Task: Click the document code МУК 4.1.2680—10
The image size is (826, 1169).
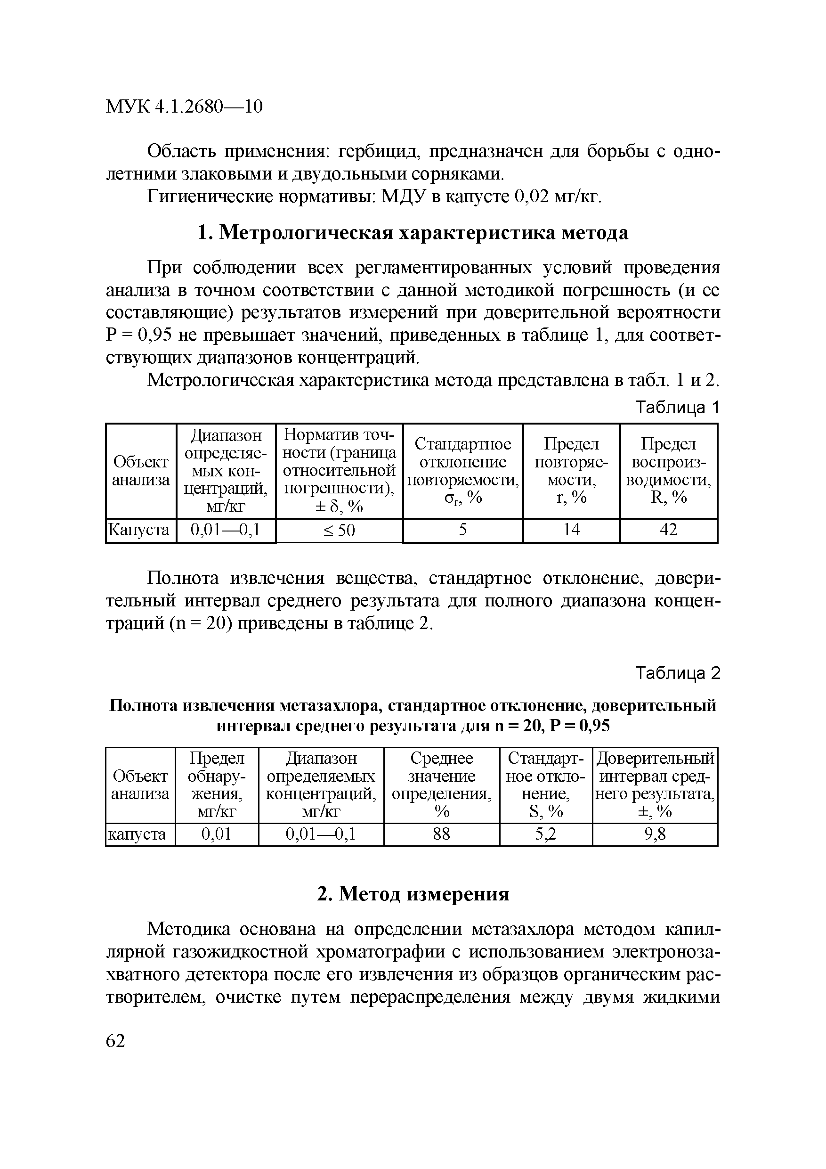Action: [184, 106]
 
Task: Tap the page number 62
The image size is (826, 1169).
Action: [115, 1041]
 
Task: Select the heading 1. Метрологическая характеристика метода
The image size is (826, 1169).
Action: [412, 233]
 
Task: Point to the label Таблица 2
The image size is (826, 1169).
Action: [677, 674]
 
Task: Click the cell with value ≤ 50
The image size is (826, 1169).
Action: [339, 531]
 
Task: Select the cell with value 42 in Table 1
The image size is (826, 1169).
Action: [668, 530]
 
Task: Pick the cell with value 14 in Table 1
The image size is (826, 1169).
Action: [571, 530]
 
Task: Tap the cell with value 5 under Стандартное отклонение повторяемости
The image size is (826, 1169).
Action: [462, 530]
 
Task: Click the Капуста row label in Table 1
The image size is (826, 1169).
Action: [139, 530]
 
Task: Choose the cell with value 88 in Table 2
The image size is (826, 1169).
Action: [441, 834]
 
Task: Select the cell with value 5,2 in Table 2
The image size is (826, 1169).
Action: [546, 834]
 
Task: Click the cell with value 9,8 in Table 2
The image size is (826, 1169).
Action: [655, 834]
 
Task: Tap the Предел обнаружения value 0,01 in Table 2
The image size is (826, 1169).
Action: [216, 834]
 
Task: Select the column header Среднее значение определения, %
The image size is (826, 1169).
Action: [441, 785]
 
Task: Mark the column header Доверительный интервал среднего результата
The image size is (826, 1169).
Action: [655, 785]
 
